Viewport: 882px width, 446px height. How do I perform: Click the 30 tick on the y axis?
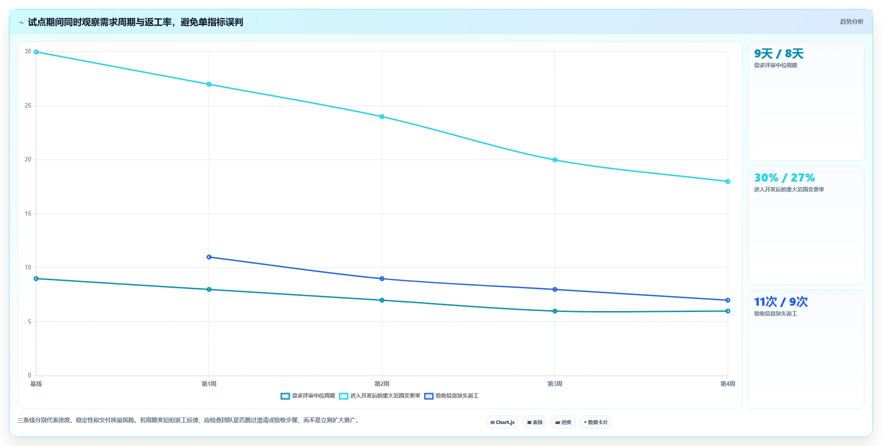pyautogui.click(x=28, y=52)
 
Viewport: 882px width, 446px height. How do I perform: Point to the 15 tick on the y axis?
pyautogui.click(x=28, y=214)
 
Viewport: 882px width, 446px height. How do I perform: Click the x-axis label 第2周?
pyautogui.click(x=382, y=384)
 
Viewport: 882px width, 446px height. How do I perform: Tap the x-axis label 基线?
pyautogui.click(x=36, y=384)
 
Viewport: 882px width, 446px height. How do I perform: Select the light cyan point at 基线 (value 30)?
pyautogui.click(x=36, y=52)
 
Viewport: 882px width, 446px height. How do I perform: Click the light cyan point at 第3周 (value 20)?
pyautogui.click(x=555, y=160)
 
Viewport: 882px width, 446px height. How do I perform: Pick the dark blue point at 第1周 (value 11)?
pyautogui.click(x=209, y=257)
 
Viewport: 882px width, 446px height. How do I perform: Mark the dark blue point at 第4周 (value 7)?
pyautogui.click(x=728, y=300)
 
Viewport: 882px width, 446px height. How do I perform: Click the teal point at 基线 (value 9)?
pyautogui.click(x=36, y=279)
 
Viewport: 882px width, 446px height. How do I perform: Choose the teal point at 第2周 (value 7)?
pyautogui.click(x=382, y=300)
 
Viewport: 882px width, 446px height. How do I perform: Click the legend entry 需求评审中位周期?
pyautogui.click(x=308, y=396)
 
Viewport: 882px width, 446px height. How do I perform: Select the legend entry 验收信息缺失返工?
pyautogui.click(x=451, y=396)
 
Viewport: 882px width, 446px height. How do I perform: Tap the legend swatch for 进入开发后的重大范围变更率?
pyautogui.click(x=344, y=396)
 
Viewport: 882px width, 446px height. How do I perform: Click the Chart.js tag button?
pyautogui.click(x=502, y=422)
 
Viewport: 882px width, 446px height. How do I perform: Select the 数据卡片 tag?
pyautogui.click(x=596, y=422)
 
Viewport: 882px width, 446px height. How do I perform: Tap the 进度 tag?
pyautogui.click(x=563, y=422)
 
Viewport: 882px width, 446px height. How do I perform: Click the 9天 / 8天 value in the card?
pyautogui.click(x=779, y=54)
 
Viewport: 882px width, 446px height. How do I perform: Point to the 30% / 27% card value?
pyautogui.click(x=785, y=178)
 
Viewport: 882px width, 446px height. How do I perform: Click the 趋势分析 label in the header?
pyautogui.click(x=851, y=22)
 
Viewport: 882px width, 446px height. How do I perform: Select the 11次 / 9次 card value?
pyautogui.click(x=781, y=302)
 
